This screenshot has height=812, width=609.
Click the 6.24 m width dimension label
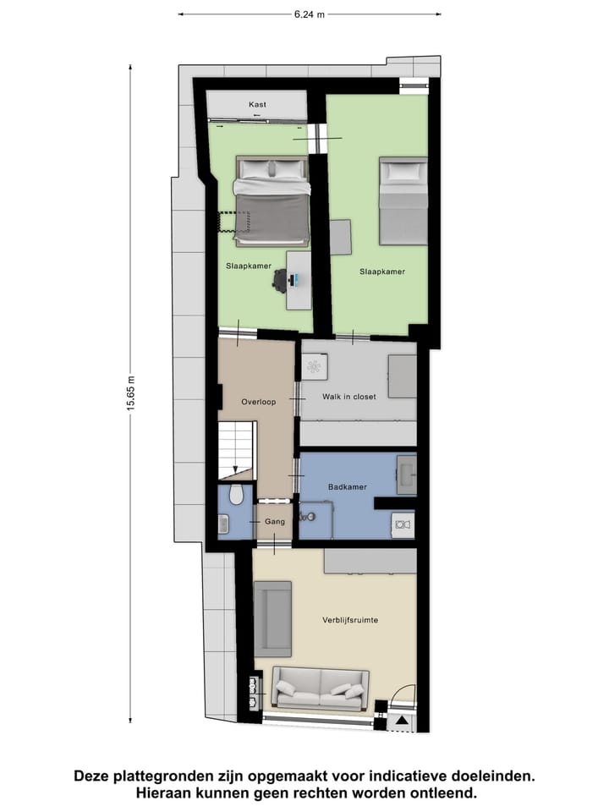click(310, 14)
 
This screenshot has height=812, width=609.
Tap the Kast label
click(257, 104)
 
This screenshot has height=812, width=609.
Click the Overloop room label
click(258, 402)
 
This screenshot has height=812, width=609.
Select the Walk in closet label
click(349, 396)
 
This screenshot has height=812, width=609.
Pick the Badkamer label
click(348, 486)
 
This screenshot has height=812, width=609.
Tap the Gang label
click(273, 523)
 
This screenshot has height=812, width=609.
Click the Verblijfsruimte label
click(349, 620)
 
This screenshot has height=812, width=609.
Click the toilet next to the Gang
click(236, 494)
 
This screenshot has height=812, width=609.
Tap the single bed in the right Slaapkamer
click(403, 200)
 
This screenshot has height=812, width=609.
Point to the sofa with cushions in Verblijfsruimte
click(321, 689)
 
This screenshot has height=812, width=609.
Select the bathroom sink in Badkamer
click(407, 474)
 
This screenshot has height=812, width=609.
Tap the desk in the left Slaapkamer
click(299, 280)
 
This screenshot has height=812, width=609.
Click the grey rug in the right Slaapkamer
click(341, 237)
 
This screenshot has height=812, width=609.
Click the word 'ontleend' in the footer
click(445, 793)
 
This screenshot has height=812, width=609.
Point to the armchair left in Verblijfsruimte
click(272, 618)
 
